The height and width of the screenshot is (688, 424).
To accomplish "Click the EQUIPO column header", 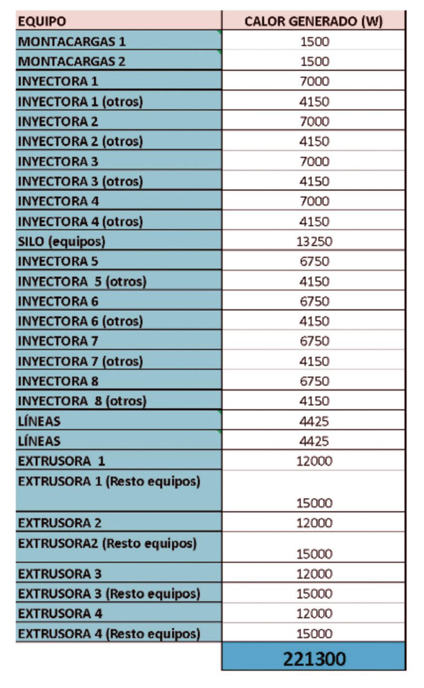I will [42, 21].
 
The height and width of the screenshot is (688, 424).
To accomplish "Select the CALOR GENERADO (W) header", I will [313, 21].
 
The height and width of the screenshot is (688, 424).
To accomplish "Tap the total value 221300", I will [314, 658].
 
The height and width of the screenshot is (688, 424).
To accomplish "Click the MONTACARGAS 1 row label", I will [72, 41].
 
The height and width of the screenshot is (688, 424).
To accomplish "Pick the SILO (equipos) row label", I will [62, 241].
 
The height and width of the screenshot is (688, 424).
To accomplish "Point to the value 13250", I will [314, 241].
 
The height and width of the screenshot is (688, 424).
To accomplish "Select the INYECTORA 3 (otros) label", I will [81, 181].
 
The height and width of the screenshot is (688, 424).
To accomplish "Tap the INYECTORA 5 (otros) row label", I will [82, 282].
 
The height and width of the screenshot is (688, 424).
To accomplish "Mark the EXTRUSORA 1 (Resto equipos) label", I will [109, 481].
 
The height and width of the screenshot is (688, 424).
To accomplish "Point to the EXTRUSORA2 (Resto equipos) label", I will [107, 543].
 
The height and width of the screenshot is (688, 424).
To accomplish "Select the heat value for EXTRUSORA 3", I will [314, 574].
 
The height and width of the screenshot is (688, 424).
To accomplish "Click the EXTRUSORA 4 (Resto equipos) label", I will [109, 634].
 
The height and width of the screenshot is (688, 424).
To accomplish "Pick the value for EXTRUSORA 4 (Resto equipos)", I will [314, 634].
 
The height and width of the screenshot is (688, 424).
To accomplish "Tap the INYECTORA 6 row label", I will [58, 302].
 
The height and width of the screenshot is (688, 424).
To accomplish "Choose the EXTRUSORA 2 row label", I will [60, 523].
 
